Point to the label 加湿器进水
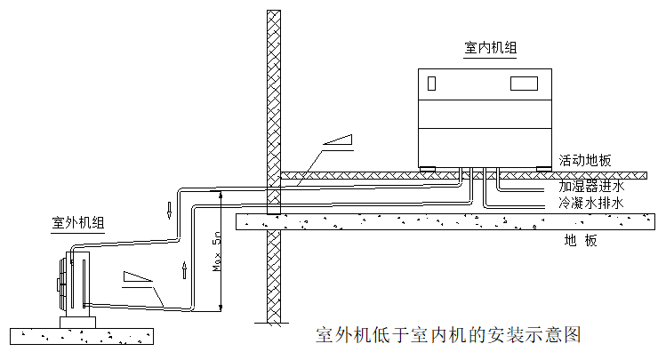[591, 187]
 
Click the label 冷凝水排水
[591, 204]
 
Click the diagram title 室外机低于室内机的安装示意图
[448, 335]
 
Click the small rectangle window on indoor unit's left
[431, 84]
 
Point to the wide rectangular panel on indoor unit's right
[524, 84]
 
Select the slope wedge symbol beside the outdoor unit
[139, 276]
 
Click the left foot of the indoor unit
[429, 168]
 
